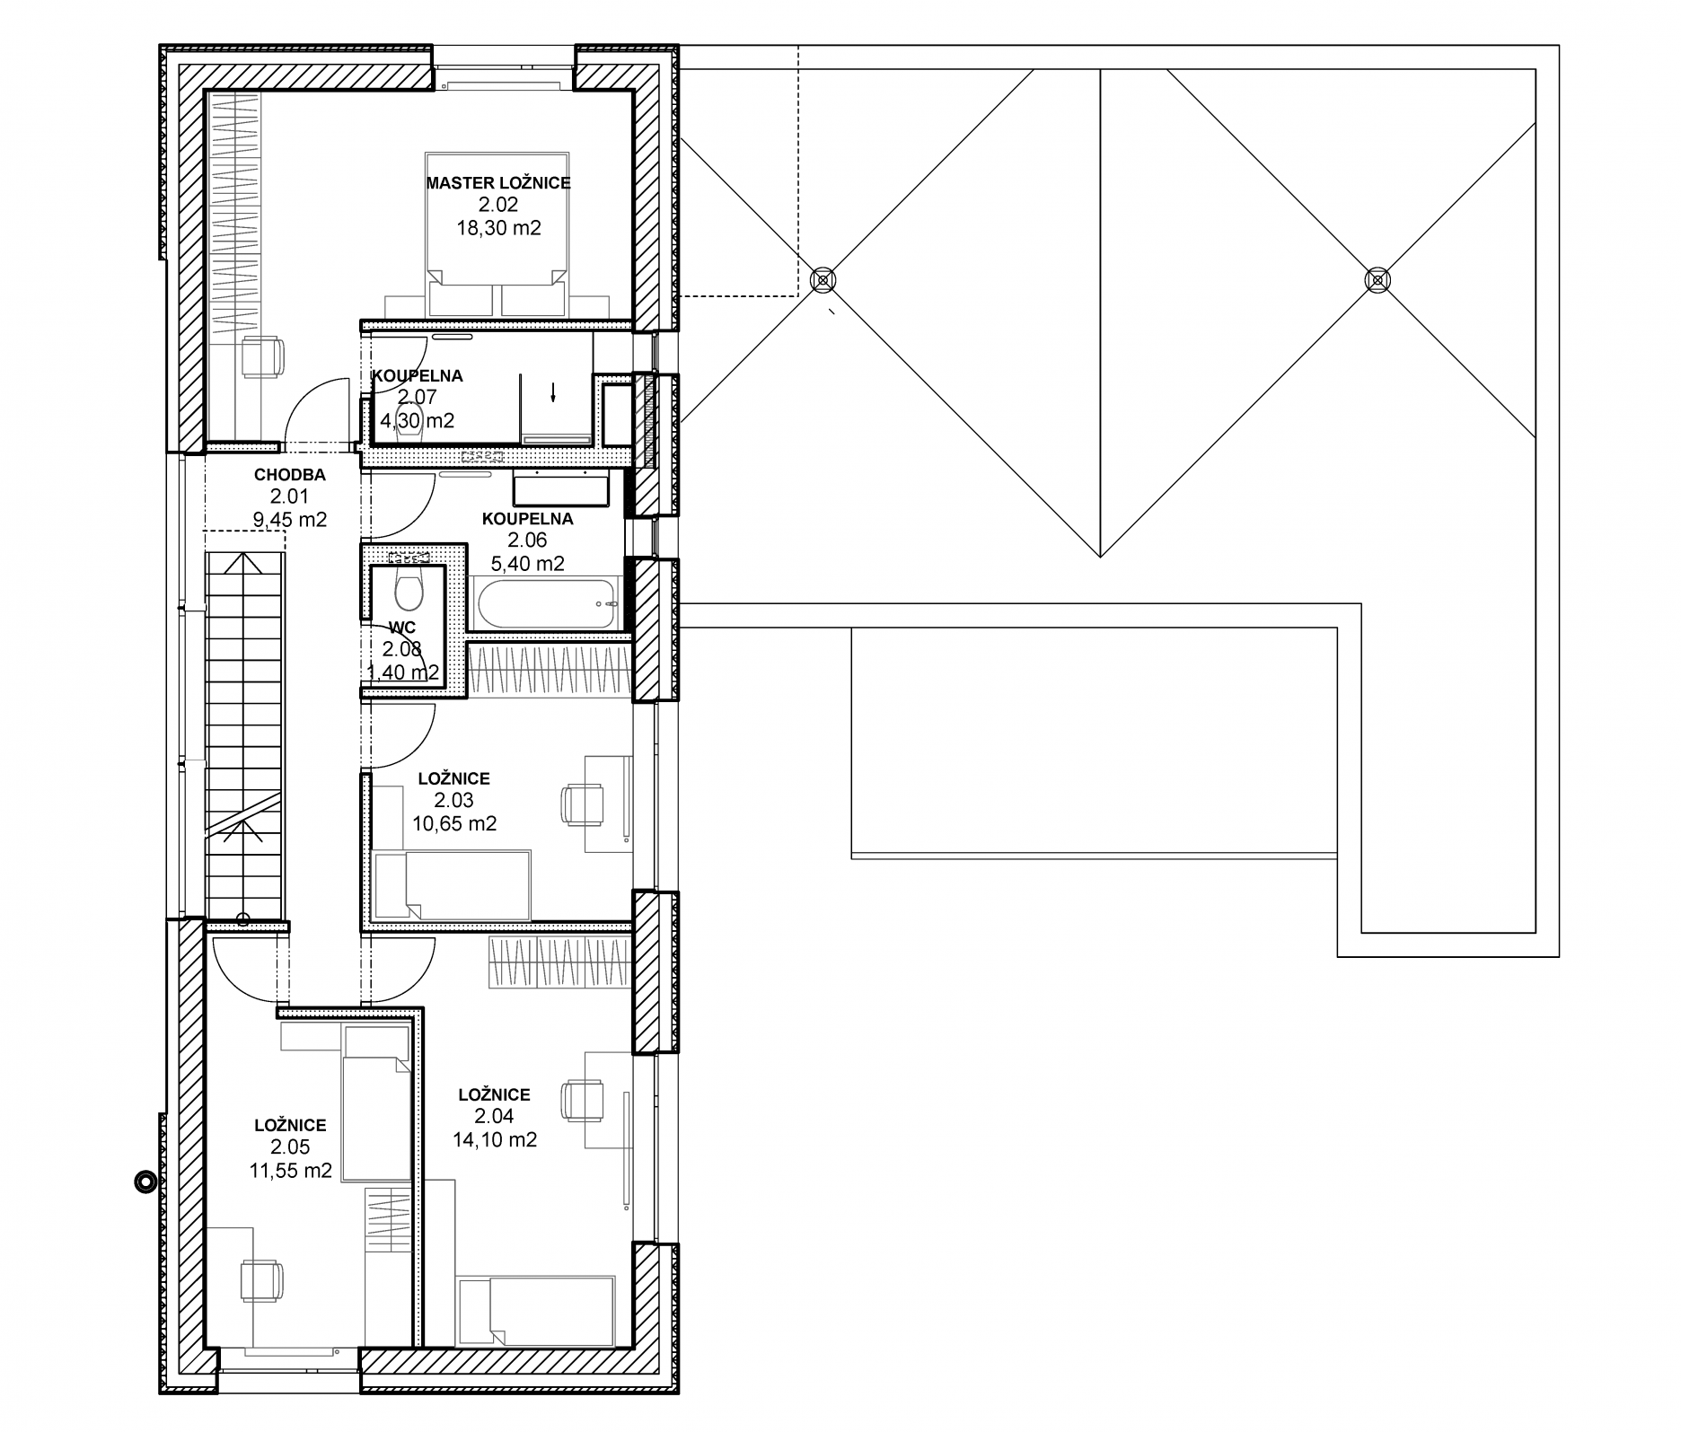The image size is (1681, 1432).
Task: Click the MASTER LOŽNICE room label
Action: pyautogui.click(x=498, y=183)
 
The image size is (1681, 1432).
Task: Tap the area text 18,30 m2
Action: pyautogui.click(x=498, y=228)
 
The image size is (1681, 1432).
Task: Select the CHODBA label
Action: pyautogui.click(x=289, y=475)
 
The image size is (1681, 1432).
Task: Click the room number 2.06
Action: pyautogui.click(x=527, y=540)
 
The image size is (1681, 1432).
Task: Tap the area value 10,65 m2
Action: pyautogui.click(x=454, y=823)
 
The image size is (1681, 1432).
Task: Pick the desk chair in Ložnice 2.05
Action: pyautogui.click(x=262, y=1281)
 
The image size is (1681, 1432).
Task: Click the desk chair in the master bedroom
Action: pyautogui.click(x=262, y=356)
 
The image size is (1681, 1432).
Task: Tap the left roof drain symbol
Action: pyautogui.click(x=821, y=279)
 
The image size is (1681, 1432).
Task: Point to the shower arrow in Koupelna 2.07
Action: pyautogui.click(x=553, y=391)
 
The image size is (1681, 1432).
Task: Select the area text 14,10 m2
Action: pyautogui.click(x=495, y=1140)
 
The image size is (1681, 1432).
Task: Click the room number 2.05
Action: pyautogui.click(x=290, y=1147)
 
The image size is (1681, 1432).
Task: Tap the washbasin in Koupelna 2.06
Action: pyautogui.click(x=560, y=489)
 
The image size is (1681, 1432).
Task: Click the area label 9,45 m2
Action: pyautogui.click(x=288, y=520)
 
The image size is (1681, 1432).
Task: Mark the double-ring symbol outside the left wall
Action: pyautogui.click(x=143, y=1182)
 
